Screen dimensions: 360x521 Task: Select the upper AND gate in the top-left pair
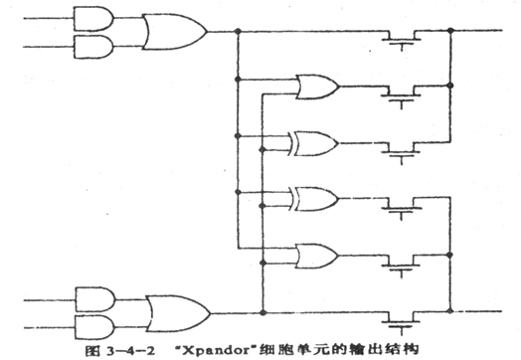click(89, 16)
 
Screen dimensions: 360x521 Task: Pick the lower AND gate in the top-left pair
click(89, 46)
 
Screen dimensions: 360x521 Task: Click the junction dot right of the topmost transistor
click(451, 32)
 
